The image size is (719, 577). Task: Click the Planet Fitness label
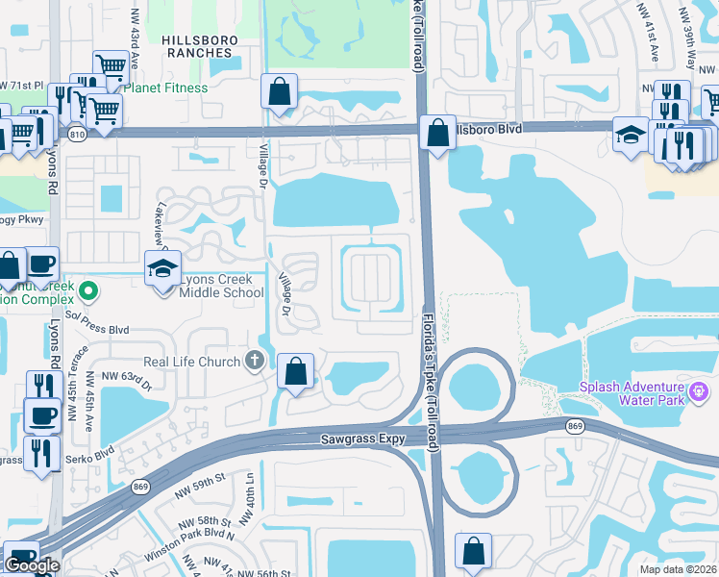(x=170, y=88)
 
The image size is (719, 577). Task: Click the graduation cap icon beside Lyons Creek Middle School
(x=163, y=268)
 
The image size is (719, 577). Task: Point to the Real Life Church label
(x=192, y=362)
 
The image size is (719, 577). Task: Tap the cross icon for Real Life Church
(x=254, y=362)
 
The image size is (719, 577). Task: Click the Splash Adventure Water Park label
(x=632, y=394)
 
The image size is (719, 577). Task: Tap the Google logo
(x=32, y=565)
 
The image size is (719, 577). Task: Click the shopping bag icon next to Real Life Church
(x=296, y=370)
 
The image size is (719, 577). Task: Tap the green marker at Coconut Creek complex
(x=88, y=288)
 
